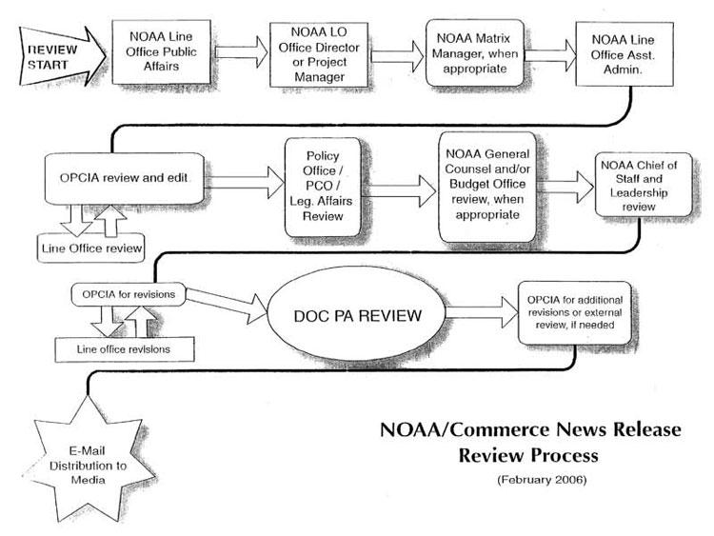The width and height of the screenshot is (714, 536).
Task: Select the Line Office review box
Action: tap(91, 249)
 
